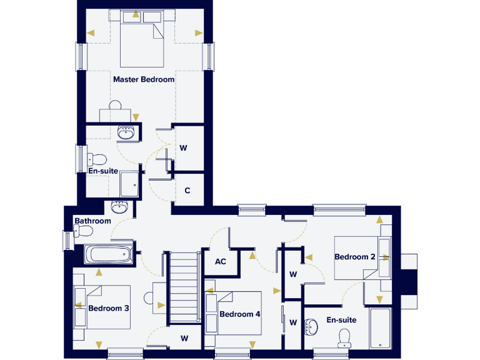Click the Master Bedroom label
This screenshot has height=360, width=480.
click(x=144, y=80)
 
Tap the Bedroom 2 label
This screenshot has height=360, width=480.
click(x=354, y=257)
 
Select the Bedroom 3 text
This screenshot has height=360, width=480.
click(x=108, y=308)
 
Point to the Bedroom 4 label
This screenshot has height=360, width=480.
click(x=239, y=314)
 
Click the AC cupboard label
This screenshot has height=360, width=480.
click(x=220, y=261)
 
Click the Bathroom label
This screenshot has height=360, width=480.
click(x=92, y=221)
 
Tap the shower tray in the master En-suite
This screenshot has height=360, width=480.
click(x=130, y=183)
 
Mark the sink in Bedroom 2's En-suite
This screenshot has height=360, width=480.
click(x=312, y=326)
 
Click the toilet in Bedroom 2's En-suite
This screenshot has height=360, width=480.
click(x=344, y=338)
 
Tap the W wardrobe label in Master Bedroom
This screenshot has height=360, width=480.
click(x=184, y=148)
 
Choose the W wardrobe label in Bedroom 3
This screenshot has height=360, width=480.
click(x=184, y=338)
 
